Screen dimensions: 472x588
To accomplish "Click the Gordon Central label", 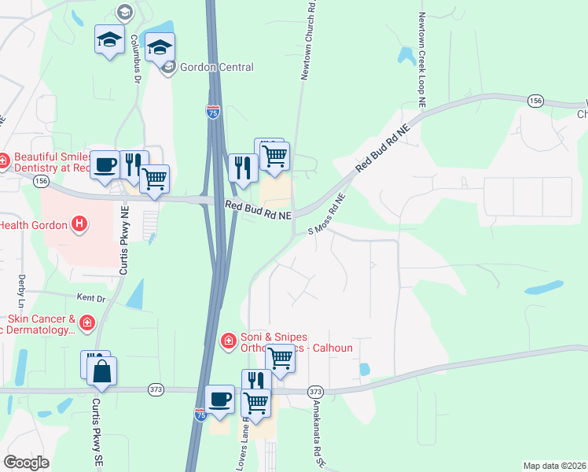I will [x=216, y=68].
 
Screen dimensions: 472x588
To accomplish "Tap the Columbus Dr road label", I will [x=134, y=49].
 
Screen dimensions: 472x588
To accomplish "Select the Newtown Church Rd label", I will [x=309, y=43].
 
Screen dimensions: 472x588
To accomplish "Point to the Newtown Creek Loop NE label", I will [x=422, y=60].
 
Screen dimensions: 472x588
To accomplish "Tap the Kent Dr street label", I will [x=90, y=298].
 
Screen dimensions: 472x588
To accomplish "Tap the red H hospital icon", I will [x=79, y=225].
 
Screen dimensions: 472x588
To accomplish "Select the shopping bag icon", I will [x=101, y=371].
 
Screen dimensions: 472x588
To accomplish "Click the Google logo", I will [x=27, y=463].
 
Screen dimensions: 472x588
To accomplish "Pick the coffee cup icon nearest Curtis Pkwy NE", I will [x=105, y=165].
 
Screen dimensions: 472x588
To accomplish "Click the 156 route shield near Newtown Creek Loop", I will [x=535, y=101].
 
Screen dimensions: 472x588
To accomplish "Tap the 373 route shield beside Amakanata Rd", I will [x=315, y=391].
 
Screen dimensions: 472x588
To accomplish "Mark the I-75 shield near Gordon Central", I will [x=213, y=112].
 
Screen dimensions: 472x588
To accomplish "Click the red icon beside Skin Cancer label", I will [x=86, y=322].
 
